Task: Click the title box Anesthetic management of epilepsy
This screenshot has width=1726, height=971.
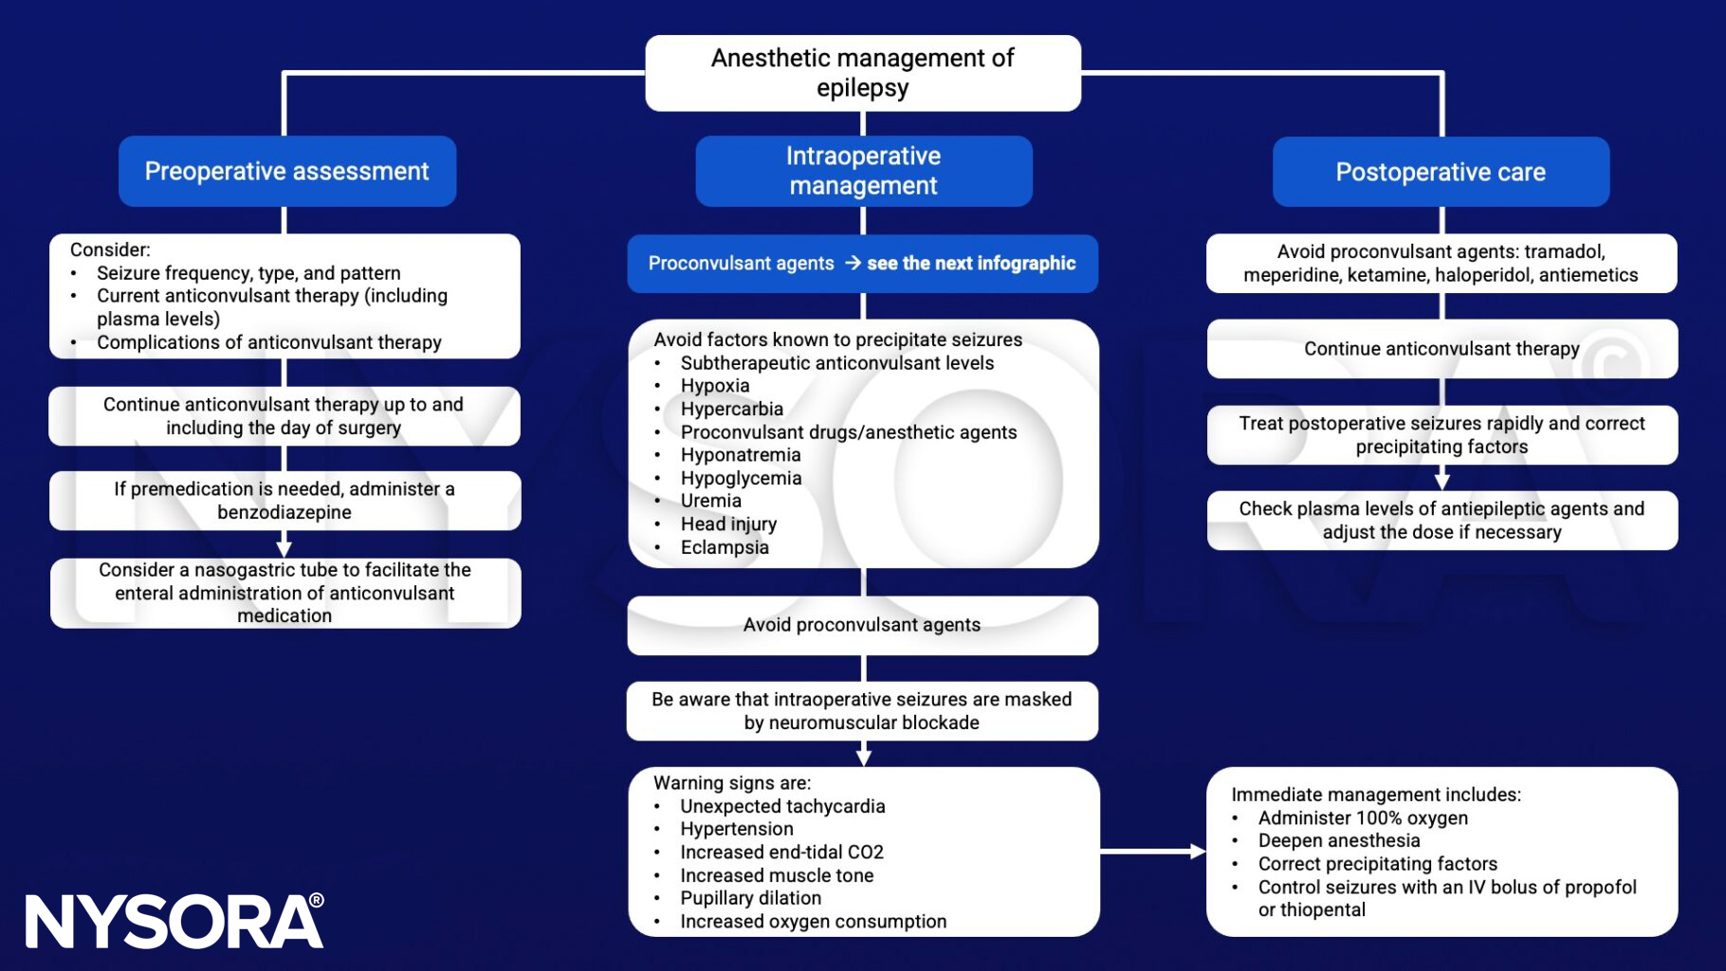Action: [x=862, y=73]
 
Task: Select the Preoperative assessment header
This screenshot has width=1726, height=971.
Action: [x=286, y=172]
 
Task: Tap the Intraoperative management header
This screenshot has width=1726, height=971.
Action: [x=863, y=171]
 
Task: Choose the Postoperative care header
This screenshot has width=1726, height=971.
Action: [x=1440, y=173]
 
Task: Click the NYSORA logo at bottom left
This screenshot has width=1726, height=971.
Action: [x=174, y=921]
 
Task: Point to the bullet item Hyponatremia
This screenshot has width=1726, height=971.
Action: [x=740, y=455]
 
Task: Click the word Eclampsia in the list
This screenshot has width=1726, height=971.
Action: [x=725, y=547]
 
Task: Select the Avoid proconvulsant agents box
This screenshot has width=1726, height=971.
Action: [x=861, y=625]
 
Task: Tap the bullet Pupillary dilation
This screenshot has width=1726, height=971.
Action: [x=750, y=898]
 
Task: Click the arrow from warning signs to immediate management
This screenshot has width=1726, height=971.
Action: [x=1151, y=852]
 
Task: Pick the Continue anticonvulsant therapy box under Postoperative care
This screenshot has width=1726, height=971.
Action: [x=1441, y=349]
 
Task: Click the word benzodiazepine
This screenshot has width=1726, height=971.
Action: [x=285, y=512]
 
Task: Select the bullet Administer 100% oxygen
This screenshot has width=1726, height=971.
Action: [x=1362, y=817]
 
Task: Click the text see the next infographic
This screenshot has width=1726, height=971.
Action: [x=970, y=264]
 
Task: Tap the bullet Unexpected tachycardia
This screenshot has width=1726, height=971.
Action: [x=781, y=806]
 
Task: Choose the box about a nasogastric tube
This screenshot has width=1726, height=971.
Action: [x=285, y=593]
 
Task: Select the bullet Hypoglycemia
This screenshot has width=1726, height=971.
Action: [x=741, y=478]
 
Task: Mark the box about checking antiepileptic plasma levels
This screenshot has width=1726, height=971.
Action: [x=1441, y=520]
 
